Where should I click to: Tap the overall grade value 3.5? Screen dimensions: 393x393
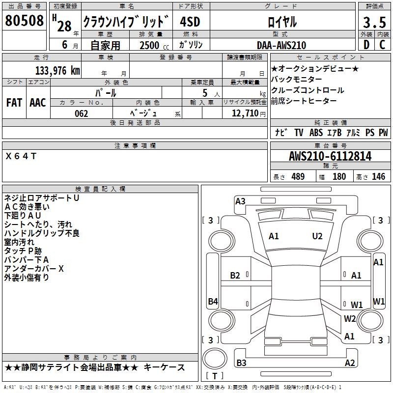coord(373,23)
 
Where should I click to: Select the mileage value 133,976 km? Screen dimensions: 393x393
coord(57,71)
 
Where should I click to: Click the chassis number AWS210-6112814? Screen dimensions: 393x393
coord(330,157)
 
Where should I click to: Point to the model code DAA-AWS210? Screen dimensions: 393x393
coord(281,45)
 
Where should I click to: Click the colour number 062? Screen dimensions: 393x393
coord(82,113)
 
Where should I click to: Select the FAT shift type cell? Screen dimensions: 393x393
coord(14,103)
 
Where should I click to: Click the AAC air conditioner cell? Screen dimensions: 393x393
coord(38,103)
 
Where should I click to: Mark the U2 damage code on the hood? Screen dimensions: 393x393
coord(317,236)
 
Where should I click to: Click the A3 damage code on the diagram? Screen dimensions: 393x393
coord(240,201)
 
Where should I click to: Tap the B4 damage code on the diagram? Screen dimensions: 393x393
coord(213,302)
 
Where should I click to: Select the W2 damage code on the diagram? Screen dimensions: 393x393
coord(350,319)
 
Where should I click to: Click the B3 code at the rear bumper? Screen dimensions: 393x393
coord(241,363)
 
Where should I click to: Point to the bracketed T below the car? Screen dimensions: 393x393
coord(214,376)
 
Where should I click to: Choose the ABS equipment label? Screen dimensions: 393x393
coord(316,133)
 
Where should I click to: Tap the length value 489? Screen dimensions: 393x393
coord(298,177)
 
